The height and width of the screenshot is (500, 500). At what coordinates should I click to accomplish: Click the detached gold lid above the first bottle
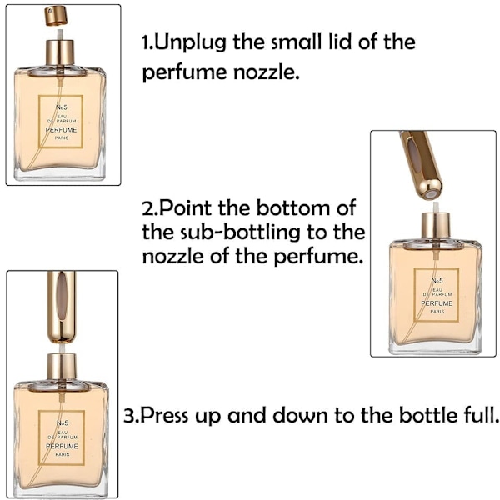pos(56,17)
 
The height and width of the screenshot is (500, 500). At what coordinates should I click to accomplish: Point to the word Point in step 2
pos(185,207)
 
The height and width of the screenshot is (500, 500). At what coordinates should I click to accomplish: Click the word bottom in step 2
pos(294,207)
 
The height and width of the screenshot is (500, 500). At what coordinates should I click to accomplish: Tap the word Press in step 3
pos(164,415)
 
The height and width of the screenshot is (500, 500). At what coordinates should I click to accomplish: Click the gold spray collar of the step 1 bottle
pos(60,52)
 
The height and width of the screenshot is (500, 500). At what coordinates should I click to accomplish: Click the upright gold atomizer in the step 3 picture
pos(62,307)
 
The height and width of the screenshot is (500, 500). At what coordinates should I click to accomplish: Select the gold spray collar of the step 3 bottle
pos(62,366)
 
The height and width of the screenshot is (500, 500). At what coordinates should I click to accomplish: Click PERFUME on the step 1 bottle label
pos(61,130)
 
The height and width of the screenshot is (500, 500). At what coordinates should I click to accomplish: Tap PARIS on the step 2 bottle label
pos(437,311)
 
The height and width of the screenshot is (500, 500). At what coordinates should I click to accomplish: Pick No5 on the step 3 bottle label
pos(62,422)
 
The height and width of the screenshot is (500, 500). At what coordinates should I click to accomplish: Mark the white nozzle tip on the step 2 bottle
pos(436,207)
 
